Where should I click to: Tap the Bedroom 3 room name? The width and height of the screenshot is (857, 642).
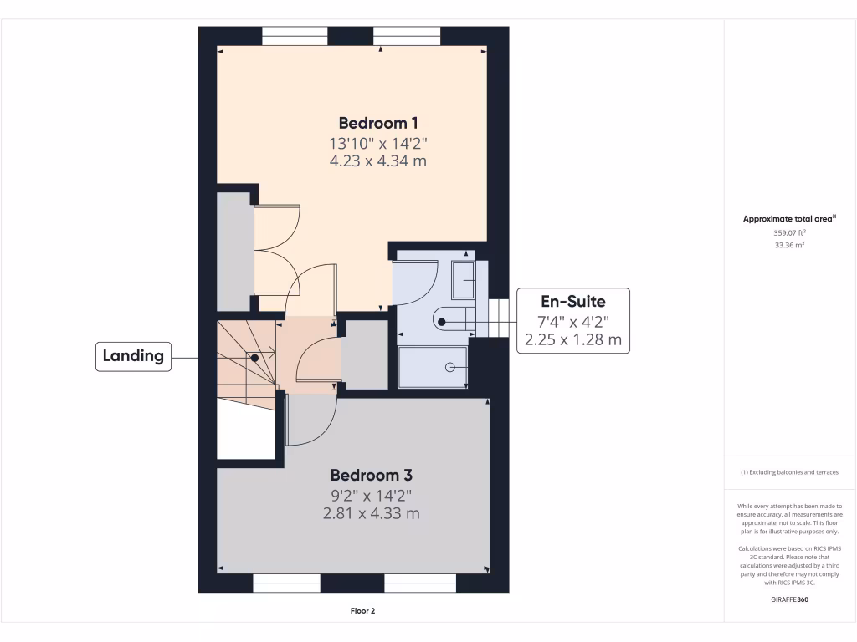pyautogui.click(x=371, y=475)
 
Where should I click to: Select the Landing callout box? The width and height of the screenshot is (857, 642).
pyautogui.click(x=133, y=356)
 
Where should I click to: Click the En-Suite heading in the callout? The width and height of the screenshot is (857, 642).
pyautogui.click(x=572, y=302)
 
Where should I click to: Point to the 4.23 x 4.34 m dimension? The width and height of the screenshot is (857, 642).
pyautogui.click(x=378, y=160)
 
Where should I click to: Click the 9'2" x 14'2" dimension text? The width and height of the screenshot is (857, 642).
pyautogui.click(x=371, y=495)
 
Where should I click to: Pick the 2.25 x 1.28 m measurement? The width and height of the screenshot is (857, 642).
pyautogui.click(x=572, y=339)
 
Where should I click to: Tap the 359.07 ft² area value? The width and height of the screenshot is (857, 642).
pyautogui.click(x=789, y=233)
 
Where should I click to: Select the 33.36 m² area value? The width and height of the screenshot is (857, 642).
pyautogui.click(x=789, y=246)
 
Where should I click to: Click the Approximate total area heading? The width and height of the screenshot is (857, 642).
pyautogui.click(x=789, y=219)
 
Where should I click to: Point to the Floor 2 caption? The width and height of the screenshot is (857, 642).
pyautogui.click(x=362, y=611)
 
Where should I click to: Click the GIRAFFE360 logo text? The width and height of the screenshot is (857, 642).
pyautogui.click(x=789, y=599)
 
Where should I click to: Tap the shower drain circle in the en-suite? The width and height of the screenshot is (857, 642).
pyautogui.click(x=450, y=367)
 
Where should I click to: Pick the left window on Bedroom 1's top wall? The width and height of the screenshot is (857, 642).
pyautogui.click(x=295, y=36)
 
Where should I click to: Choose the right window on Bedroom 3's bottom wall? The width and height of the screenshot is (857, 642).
pyautogui.click(x=420, y=583)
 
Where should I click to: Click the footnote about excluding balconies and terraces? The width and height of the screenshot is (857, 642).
pyautogui.click(x=789, y=472)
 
